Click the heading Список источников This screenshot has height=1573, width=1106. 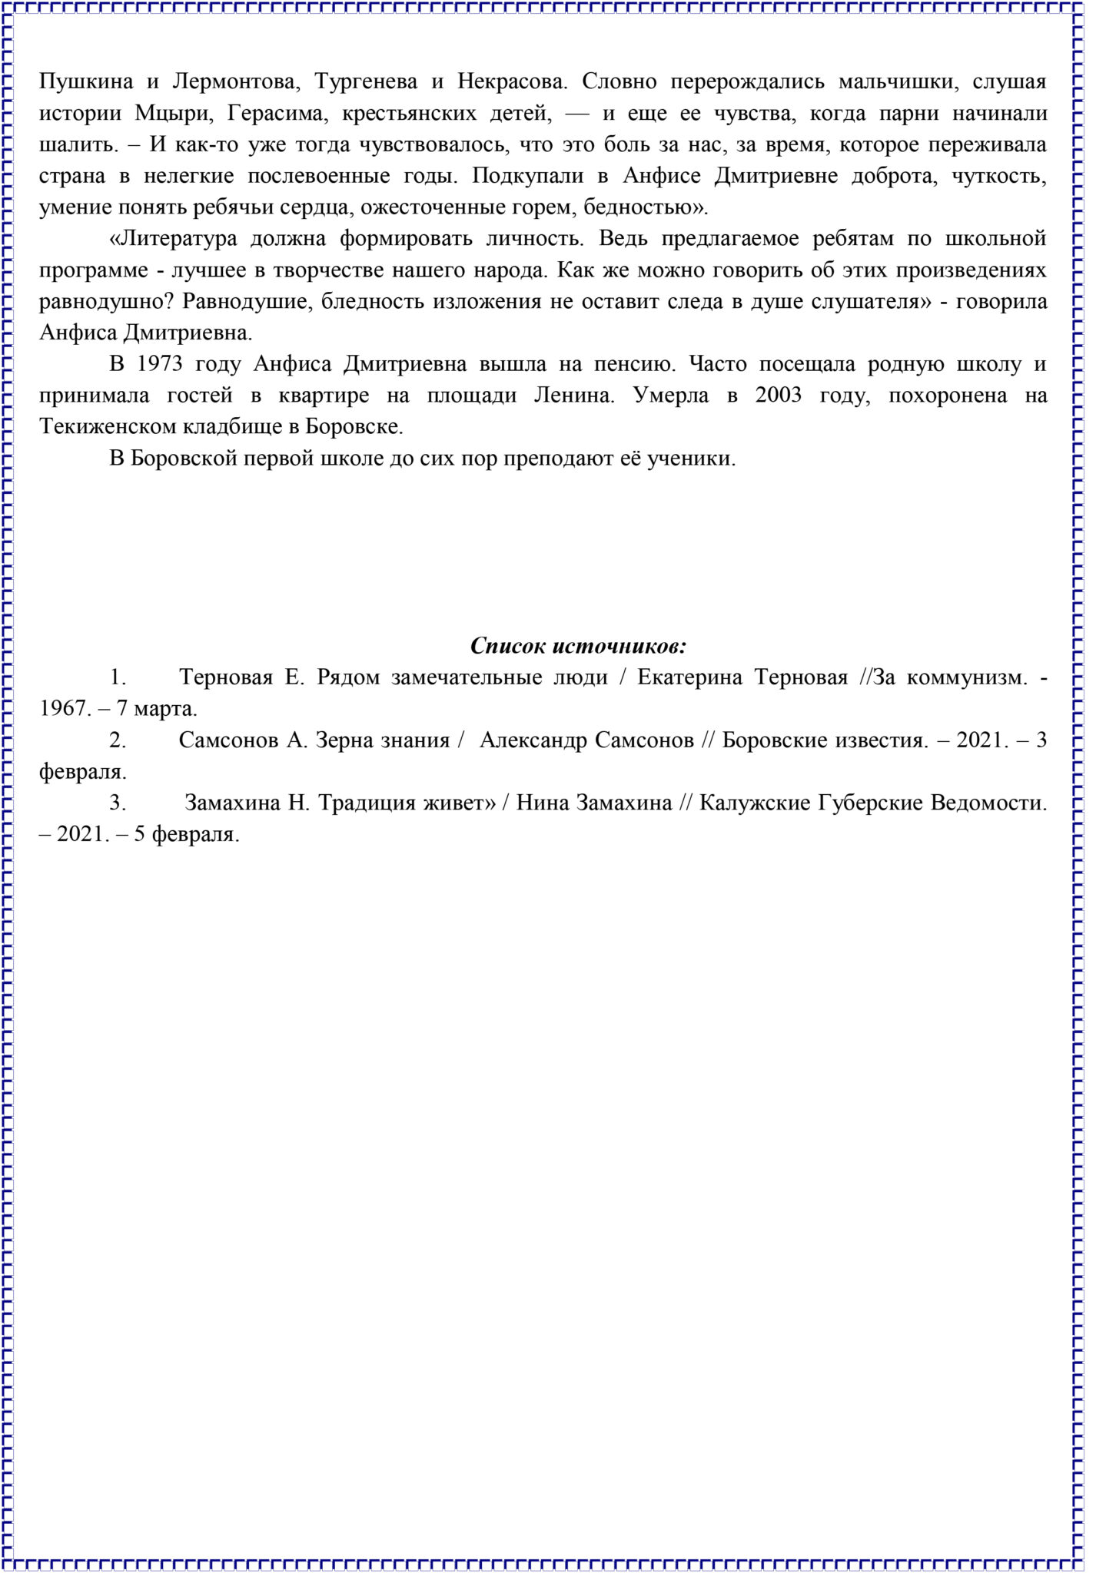tap(578, 646)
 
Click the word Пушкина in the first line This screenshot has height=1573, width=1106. tap(85, 81)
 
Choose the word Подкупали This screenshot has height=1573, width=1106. tap(520, 176)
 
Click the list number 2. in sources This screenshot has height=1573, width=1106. tap(118, 740)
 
